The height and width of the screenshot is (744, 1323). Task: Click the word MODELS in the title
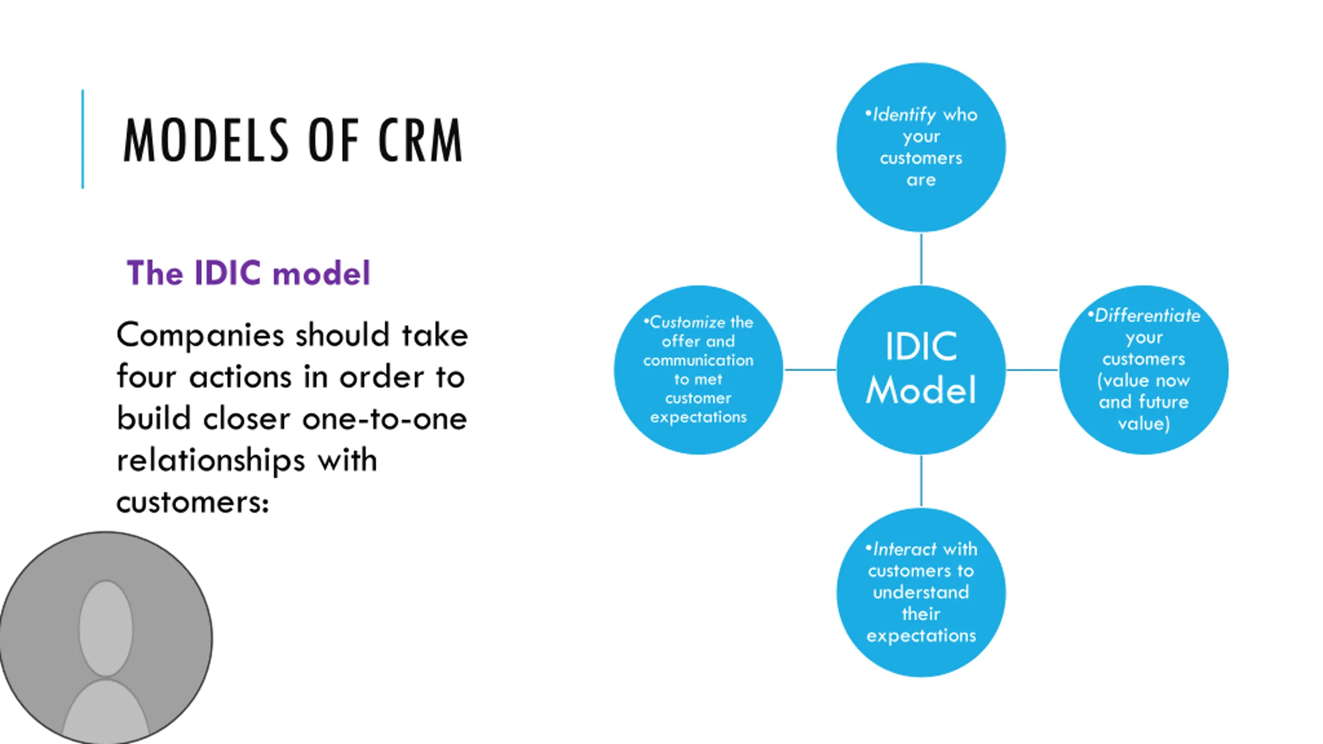coord(206,140)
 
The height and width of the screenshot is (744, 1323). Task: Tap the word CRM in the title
coord(420,140)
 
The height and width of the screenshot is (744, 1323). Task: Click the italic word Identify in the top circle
coord(904,115)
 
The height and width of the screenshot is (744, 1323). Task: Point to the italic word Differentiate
coord(1147,315)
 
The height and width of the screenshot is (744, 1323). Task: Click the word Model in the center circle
coord(921,390)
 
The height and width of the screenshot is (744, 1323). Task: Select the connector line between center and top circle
coord(921,258)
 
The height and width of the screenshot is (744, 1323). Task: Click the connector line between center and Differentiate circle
coord(1033,370)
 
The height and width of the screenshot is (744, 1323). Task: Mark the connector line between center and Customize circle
coord(810,370)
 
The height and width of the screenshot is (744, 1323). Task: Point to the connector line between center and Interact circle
coord(921,481)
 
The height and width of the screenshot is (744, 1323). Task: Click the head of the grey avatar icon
coord(106,628)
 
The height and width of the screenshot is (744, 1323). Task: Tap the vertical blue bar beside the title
coord(83,139)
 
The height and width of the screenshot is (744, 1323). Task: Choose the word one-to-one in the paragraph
coord(384,419)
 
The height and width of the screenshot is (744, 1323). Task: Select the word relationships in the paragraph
coord(211,460)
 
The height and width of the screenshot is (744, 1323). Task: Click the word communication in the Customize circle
coord(698,360)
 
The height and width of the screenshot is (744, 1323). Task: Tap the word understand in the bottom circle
coord(921,592)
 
